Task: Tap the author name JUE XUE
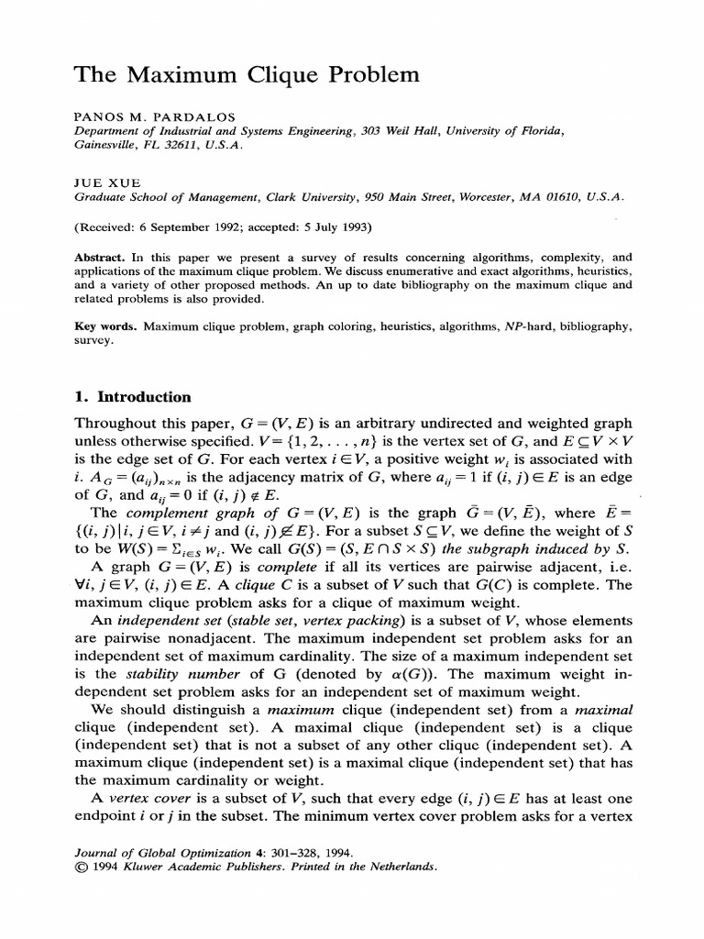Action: pyautogui.click(x=98, y=182)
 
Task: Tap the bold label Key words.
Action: pyautogui.click(x=104, y=326)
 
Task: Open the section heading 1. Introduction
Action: pyautogui.click(x=132, y=397)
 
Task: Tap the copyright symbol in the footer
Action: pyautogui.click(x=79, y=865)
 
